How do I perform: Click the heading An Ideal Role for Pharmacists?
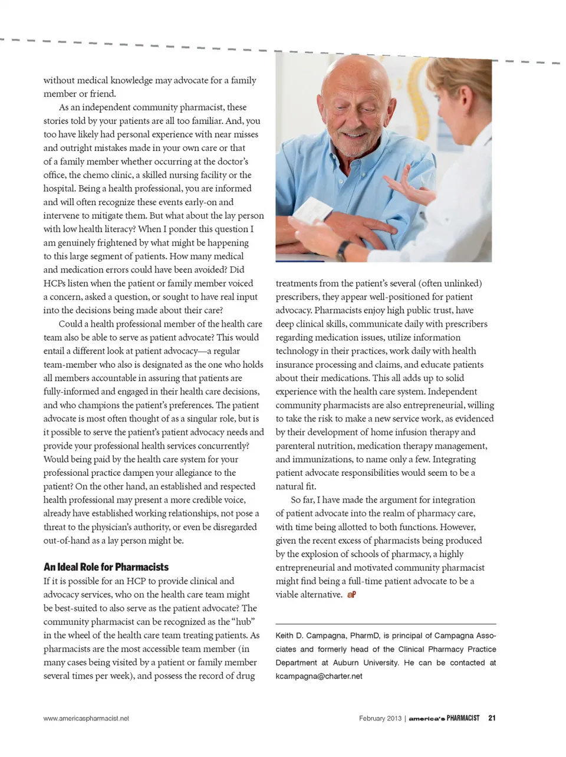pyautogui.click(x=106, y=567)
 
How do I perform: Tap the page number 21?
pyautogui.click(x=492, y=718)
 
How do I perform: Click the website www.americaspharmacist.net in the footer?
pyautogui.click(x=86, y=719)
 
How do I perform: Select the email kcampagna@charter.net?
pyautogui.click(x=319, y=676)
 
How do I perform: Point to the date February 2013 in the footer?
pyautogui.click(x=380, y=718)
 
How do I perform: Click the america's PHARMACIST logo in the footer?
pyautogui.click(x=444, y=718)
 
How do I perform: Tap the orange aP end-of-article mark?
pyautogui.click(x=351, y=595)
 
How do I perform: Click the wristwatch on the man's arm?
pyautogui.click(x=342, y=249)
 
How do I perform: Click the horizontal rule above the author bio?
pyautogui.click(x=386, y=624)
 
